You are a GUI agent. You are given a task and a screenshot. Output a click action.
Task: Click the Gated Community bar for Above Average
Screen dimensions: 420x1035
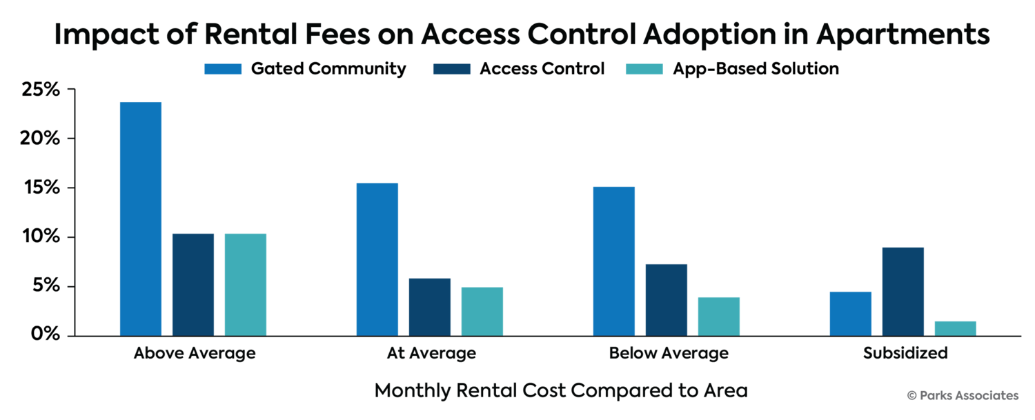141,219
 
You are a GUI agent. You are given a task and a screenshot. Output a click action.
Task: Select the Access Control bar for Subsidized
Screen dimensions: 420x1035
903,291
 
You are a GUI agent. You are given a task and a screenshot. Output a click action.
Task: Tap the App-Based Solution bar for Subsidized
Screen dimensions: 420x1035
955,328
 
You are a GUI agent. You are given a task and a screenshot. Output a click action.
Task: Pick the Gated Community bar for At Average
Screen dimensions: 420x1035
377,259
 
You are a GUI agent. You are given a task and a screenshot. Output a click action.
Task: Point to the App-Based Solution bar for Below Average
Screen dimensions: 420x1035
718,316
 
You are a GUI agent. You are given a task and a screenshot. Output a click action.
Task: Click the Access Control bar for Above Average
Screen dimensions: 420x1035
193,284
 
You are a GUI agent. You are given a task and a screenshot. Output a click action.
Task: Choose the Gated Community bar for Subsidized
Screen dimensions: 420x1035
850,313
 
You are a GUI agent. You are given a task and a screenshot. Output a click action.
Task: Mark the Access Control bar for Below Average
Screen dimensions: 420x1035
667,299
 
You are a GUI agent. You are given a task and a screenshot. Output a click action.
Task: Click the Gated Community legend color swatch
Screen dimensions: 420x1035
223,70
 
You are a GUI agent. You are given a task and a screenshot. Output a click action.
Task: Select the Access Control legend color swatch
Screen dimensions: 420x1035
451,70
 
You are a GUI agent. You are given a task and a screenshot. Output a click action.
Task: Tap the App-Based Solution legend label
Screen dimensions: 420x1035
756,70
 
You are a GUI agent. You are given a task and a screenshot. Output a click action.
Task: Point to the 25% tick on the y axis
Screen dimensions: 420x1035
43,90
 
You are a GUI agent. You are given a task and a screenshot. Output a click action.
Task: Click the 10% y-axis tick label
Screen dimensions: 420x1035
43,237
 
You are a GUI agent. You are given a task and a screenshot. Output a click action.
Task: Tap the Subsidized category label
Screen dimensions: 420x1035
905,354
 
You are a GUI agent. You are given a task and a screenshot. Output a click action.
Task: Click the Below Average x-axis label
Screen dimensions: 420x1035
668,354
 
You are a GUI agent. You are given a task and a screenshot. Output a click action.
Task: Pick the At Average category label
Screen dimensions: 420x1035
431,354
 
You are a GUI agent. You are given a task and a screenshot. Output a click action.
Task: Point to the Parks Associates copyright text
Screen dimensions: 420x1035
962,395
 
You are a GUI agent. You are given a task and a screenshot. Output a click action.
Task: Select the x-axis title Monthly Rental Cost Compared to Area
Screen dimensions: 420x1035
560,391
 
